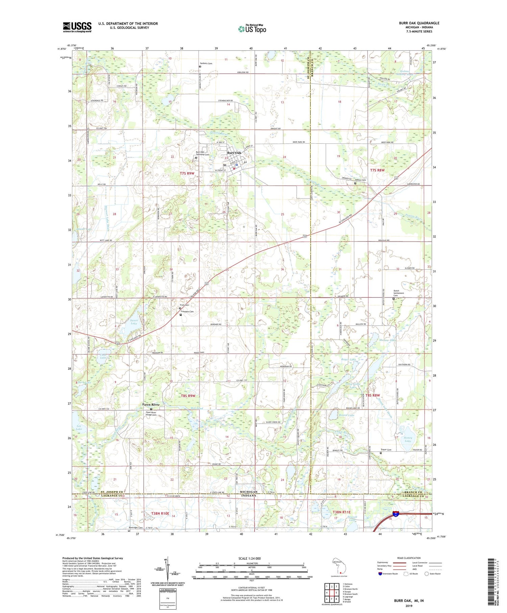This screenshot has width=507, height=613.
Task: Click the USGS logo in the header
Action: (x=77, y=27)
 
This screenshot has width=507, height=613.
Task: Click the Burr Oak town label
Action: (x=234, y=153)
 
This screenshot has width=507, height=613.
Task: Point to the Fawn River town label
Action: (x=151, y=404)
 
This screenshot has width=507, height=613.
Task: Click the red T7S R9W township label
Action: (x=187, y=173)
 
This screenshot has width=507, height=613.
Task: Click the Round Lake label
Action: (x=346, y=415)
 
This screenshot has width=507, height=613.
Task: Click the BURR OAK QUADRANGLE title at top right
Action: (x=419, y=23)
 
